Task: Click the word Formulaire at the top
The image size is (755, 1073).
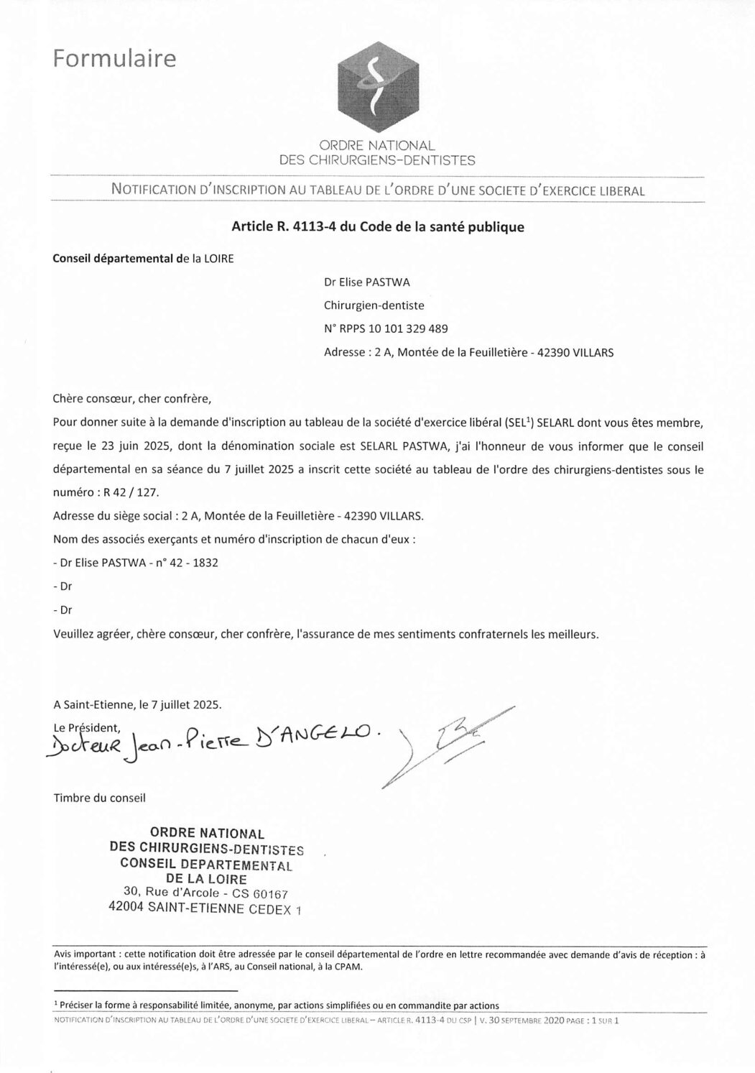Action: (114, 59)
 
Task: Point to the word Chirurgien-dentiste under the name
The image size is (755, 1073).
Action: (374, 305)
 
